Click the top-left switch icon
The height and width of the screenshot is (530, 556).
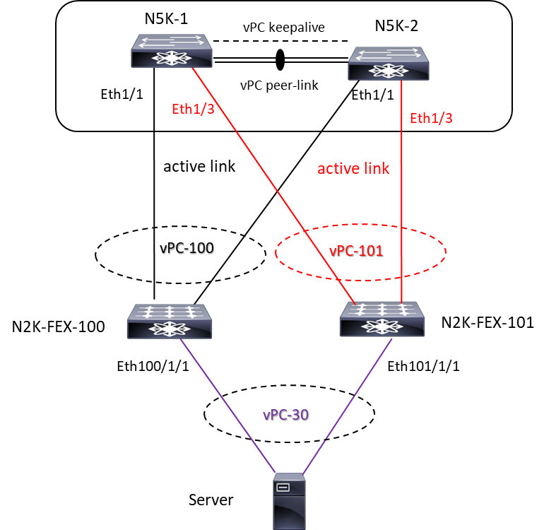172,51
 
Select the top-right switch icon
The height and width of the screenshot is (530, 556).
388,64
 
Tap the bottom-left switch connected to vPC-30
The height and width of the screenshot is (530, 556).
170,322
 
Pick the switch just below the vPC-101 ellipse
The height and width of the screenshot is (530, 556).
382,319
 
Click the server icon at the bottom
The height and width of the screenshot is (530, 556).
290,502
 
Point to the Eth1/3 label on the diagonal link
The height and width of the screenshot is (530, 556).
193,110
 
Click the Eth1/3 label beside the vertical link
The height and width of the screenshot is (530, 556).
431,119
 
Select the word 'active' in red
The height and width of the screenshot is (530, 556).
337,169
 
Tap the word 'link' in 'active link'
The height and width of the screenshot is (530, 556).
375,169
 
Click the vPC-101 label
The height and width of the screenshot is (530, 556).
356,251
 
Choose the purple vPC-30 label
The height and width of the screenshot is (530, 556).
285,415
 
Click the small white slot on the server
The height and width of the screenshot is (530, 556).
283,488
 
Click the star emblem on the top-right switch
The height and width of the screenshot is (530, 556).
388,71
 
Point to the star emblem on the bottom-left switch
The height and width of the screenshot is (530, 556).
170,329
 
